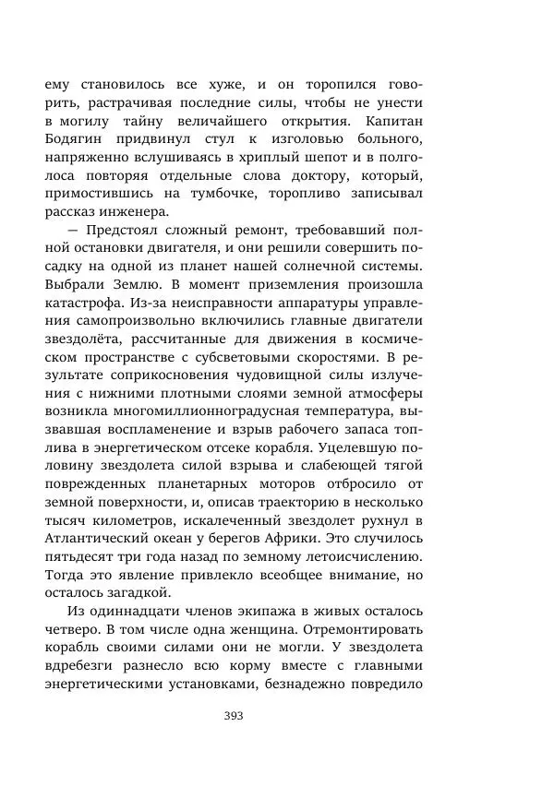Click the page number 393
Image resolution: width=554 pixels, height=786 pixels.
233,716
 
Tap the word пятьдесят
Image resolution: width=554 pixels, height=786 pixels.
78,557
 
